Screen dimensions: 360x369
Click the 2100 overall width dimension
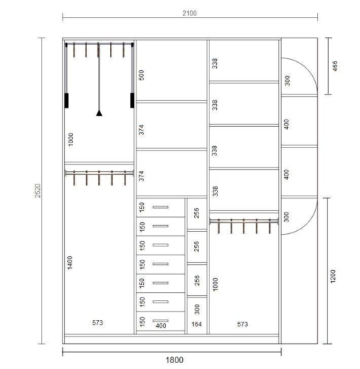coord(190,13)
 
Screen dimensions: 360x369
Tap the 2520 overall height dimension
coord(38,190)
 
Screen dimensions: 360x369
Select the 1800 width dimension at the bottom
coord(174,360)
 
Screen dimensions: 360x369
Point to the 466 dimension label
coord(335,66)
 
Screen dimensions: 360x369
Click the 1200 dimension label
coord(333,277)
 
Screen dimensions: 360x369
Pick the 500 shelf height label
coord(142,75)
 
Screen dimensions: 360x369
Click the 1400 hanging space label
coord(70,263)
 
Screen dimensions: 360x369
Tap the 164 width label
coord(196,324)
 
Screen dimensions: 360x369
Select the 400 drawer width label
coord(161,325)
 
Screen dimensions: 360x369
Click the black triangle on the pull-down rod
coord(99,113)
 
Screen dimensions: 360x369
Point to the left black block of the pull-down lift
coord(66,100)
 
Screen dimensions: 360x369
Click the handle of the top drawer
coord(161,207)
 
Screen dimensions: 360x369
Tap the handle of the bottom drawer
coord(161,320)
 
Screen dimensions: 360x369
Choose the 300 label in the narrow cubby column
coord(197,309)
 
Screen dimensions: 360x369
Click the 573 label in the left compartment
coord(97,323)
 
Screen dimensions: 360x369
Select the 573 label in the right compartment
coord(243,324)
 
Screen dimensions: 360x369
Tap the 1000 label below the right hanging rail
coord(215,284)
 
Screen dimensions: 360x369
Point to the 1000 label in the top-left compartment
coord(71,139)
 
